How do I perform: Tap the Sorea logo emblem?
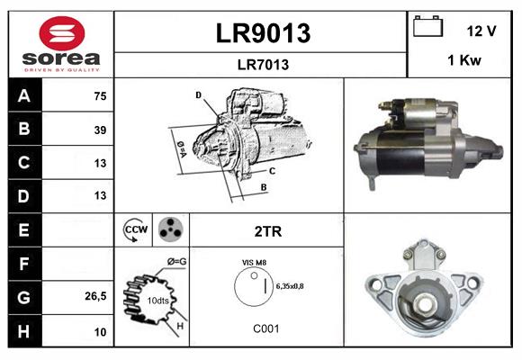[x=61, y=33]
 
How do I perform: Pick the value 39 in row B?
[x=100, y=130]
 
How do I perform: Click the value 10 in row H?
[x=100, y=332]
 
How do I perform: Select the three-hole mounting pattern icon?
[x=170, y=229]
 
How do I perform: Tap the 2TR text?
[x=267, y=231]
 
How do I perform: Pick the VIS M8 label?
[x=254, y=262]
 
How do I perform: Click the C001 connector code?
[x=266, y=328]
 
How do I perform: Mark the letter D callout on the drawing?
[x=198, y=94]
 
